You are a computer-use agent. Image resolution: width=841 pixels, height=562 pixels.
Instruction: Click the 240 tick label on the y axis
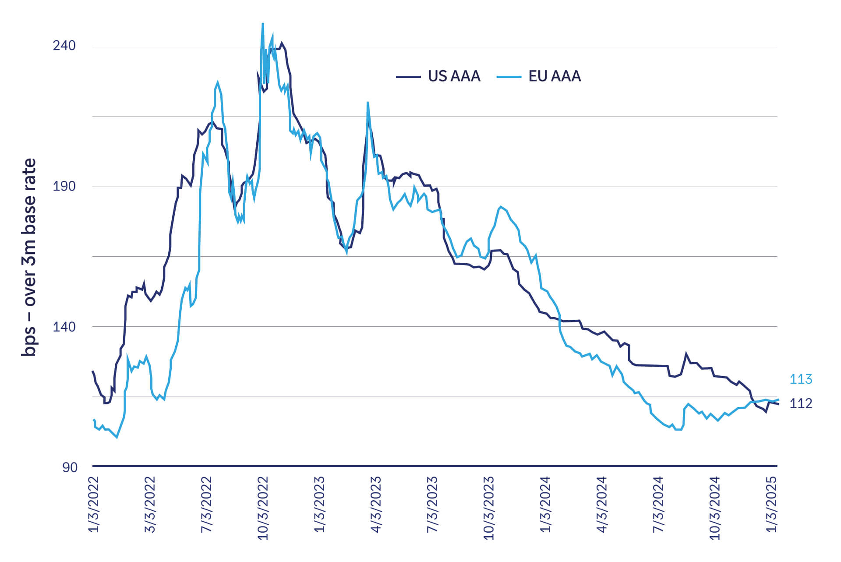[x=64, y=46]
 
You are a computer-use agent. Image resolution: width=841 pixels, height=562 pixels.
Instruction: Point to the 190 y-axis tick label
[x=64, y=186]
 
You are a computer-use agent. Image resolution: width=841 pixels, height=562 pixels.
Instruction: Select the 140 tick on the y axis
[x=64, y=326]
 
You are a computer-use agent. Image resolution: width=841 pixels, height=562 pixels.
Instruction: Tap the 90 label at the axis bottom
[x=70, y=467]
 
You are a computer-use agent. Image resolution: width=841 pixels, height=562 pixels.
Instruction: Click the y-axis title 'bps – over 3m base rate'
[x=29, y=258]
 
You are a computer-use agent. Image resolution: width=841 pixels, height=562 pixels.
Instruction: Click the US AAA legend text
[x=454, y=76]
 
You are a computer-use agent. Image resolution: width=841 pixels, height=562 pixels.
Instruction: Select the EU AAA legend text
[x=555, y=76]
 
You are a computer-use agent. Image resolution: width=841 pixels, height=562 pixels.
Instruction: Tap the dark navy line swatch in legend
[x=408, y=77]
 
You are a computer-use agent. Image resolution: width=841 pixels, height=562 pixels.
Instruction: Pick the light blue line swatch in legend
[x=509, y=77]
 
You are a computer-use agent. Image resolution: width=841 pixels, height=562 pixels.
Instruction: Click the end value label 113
[x=801, y=379]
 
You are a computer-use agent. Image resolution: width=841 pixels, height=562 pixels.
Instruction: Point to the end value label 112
[x=801, y=403]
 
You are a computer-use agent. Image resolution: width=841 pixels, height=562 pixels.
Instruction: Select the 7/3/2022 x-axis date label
[x=207, y=504]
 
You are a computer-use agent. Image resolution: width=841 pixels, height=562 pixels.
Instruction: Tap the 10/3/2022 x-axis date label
[x=263, y=507]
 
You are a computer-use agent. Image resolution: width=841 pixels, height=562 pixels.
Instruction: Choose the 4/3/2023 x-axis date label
[x=376, y=504]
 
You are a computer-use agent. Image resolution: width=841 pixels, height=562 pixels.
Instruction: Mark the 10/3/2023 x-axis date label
[x=489, y=507]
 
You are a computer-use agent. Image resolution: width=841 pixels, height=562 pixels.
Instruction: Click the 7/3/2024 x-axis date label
[x=658, y=504]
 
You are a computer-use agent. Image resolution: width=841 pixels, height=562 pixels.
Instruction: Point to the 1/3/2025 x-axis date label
[x=772, y=504]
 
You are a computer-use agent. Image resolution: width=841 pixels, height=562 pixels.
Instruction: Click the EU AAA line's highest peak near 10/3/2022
[x=263, y=24]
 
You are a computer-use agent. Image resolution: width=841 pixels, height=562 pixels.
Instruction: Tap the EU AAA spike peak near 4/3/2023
[x=368, y=103]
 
